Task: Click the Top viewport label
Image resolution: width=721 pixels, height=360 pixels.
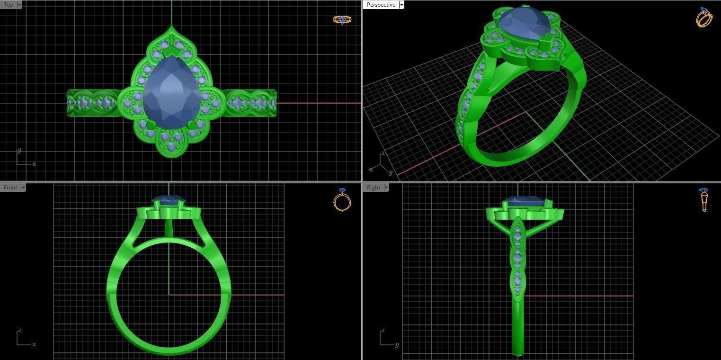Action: coord(9,5)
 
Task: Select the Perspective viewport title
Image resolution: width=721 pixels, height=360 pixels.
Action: coord(381,5)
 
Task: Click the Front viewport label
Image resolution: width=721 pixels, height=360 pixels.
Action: coord(10,188)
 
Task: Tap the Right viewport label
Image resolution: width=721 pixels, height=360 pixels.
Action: coord(373,188)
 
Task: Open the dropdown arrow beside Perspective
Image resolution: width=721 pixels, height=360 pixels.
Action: coord(401,5)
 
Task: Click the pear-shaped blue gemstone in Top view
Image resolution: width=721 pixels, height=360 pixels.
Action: coord(171,92)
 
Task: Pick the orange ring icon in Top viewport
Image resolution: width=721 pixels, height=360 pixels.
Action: coord(342,19)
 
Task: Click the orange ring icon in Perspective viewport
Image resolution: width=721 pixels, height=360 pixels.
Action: coord(704,18)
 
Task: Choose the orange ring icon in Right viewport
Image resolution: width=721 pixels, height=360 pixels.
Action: coord(704,199)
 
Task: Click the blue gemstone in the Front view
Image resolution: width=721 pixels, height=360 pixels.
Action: coord(168,201)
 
